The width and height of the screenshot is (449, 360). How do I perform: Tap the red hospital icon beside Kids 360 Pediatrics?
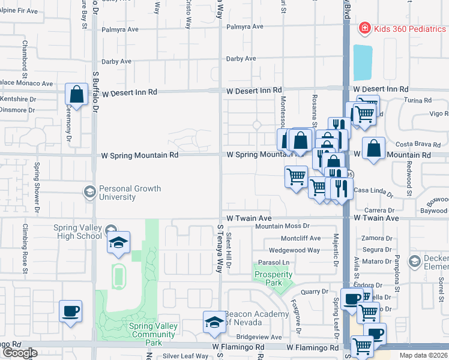click(364, 28)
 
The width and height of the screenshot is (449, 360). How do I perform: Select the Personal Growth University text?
click(130, 193)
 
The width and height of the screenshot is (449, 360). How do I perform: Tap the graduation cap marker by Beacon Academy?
click(214, 322)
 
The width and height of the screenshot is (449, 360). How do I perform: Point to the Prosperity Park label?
click(273, 278)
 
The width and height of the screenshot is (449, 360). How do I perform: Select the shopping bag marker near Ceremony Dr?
click(76, 94)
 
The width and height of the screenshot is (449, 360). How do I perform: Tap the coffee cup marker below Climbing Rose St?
click(70, 311)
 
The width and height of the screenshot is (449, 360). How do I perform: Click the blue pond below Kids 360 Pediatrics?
click(363, 62)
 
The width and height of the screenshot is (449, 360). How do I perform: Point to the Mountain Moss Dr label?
click(282, 226)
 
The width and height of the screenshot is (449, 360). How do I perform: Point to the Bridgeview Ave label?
click(259, 337)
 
